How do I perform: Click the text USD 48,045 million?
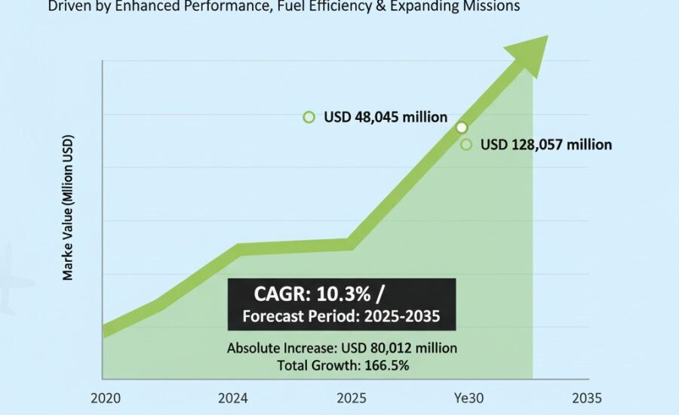pyautogui.click(x=386, y=118)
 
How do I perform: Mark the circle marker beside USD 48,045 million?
pyautogui.click(x=309, y=117)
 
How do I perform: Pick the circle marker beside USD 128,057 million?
pyautogui.click(x=466, y=144)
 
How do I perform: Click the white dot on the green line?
pyautogui.click(x=462, y=128)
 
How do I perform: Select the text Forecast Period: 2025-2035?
pyautogui.click(x=341, y=315)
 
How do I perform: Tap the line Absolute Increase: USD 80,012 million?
pyautogui.click(x=342, y=349)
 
